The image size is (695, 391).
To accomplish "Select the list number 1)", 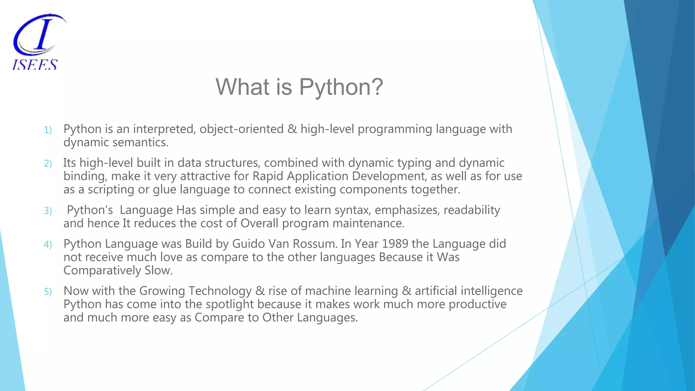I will pyautogui.click(x=48, y=130).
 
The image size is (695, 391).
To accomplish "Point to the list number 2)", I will pyautogui.click(x=48, y=164).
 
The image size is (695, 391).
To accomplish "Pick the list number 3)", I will pyautogui.click(x=48, y=211).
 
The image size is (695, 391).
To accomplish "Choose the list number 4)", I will pyautogui.click(x=48, y=245).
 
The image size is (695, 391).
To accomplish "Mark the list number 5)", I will pyautogui.click(x=48, y=292).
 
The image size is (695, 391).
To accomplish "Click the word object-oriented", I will pyautogui.click(x=242, y=129).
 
